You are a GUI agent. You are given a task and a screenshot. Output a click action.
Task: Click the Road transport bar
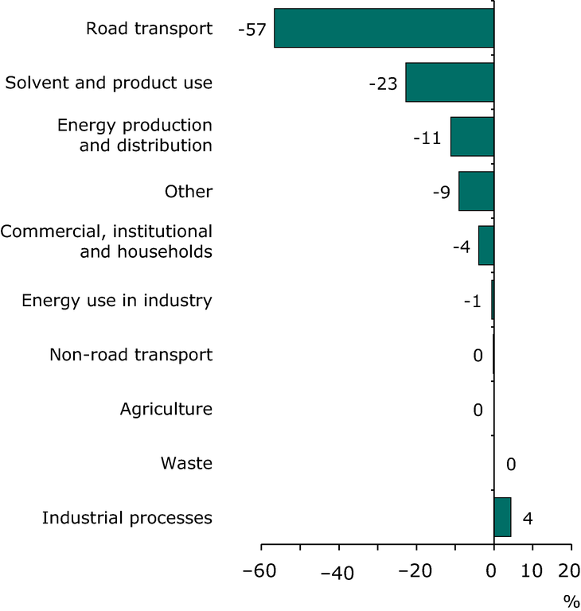[384, 29]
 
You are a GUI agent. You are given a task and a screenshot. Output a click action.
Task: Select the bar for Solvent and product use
[450, 83]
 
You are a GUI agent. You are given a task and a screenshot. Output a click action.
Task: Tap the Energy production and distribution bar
[472, 137]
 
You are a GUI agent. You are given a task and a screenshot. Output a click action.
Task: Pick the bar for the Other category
[476, 191]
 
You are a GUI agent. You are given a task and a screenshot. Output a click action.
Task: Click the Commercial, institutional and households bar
[485, 245]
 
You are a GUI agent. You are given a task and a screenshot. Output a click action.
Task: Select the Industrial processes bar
[502, 517]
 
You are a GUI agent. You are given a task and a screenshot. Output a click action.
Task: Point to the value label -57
[251, 29]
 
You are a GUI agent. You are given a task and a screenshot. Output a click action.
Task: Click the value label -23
[383, 84]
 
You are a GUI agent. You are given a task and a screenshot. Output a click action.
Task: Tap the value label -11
[427, 138]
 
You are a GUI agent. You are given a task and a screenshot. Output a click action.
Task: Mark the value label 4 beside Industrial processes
[527, 518]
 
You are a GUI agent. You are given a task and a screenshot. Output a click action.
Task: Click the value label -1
[472, 301]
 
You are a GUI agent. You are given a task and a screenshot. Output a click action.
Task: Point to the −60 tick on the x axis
[262, 570]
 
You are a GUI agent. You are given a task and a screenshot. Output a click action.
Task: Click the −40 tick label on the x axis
[339, 574]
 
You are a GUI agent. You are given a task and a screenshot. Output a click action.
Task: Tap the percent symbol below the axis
[571, 600]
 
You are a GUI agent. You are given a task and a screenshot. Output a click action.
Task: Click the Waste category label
[186, 463]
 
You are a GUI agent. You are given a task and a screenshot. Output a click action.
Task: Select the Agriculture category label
[166, 409]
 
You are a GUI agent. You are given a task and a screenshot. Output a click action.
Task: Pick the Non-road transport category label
[131, 355]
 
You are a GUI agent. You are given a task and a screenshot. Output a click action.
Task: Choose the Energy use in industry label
[117, 301]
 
